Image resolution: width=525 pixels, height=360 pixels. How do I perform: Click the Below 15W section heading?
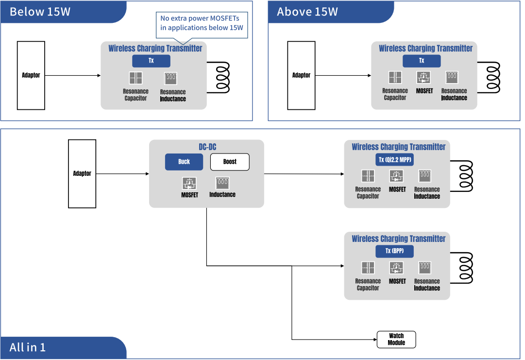(x=40, y=12)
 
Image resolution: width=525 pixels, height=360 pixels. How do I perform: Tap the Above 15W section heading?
(x=307, y=12)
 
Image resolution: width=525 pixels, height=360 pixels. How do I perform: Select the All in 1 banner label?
(x=28, y=347)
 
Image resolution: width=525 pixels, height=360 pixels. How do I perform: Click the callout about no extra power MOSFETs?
(x=202, y=23)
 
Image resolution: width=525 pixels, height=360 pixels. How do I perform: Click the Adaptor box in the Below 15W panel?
(x=31, y=75)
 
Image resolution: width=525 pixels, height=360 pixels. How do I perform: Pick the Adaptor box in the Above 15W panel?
(x=301, y=75)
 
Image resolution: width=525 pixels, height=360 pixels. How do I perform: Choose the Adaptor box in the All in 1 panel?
(x=82, y=173)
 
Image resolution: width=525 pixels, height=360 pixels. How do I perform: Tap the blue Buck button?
(x=184, y=162)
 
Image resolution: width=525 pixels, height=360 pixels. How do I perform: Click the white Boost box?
(x=230, y=162)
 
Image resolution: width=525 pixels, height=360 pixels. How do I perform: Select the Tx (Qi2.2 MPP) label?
(x=395, y=160)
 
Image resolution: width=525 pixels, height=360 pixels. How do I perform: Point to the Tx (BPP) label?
(x=395, y=251)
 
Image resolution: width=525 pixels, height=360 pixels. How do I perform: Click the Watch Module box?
(x=396, y=339)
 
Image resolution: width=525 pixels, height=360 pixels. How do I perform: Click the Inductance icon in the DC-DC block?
(x=222, y=183)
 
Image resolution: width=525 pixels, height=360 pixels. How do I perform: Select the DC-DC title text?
(x=207, y=147)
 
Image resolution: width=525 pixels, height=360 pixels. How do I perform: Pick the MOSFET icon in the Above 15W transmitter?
(x=424, y=77)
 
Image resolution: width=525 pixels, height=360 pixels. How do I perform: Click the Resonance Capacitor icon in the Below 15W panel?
(x=135, y=78)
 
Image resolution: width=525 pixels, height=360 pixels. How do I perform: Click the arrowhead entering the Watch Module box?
(x=375, y=339)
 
